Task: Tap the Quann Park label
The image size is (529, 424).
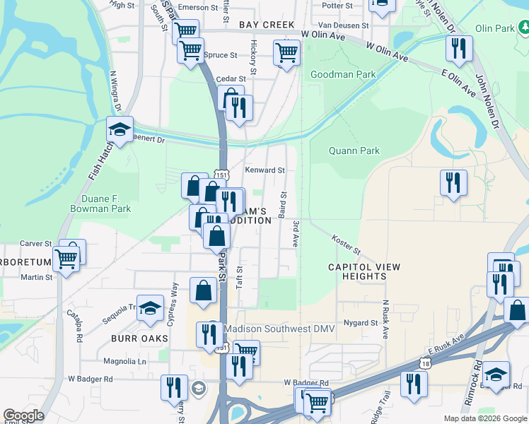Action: [x=354, y=151]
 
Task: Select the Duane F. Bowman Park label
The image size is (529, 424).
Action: [x=100, y=204]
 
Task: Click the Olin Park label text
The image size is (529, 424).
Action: [x=491, y=29]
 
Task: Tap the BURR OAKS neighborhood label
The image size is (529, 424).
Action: [x=139, y=338]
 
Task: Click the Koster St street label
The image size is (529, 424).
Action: [x=346, y=246]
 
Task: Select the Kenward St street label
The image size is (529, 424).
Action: [x=264, y=170]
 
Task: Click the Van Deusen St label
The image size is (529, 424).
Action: [x=344, y=25]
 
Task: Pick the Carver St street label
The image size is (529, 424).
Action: [x=36, y=243]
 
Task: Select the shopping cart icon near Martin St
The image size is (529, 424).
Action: [x=66, y=259]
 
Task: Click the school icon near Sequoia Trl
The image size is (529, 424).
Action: [x=150, y=308]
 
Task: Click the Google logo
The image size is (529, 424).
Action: [x=23, y=416]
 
